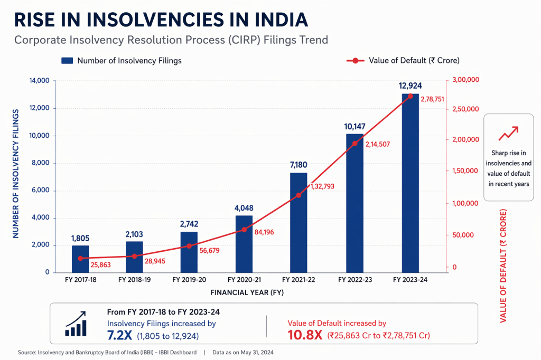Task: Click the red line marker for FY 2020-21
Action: [x=244, y=230]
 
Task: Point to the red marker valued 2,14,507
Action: [x=355, y=143]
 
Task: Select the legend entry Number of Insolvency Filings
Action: [x=122, y=61]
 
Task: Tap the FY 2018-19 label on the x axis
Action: [x=135, y=280]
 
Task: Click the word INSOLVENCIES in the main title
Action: [x=154, y=20]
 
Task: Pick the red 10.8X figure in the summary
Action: [x=305, y=335]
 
